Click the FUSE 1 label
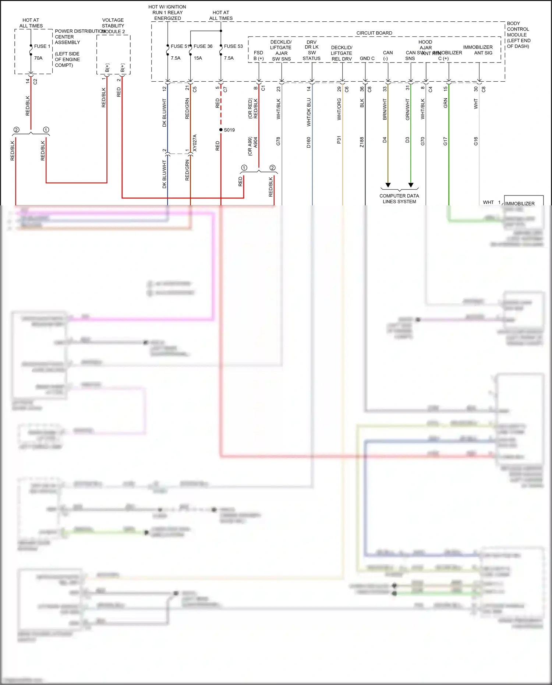click(42, 46)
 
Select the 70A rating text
click(38, 58)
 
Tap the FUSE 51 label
click(180, 46)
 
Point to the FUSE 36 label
click(203, 46)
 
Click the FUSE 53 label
click(233, 46)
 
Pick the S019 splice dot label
click(229, 130)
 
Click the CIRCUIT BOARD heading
click(374, 33)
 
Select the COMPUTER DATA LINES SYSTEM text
click(399, 199)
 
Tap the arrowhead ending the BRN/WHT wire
click(388, 185)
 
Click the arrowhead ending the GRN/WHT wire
click(411, 185)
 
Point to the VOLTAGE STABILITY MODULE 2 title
click(113, 26)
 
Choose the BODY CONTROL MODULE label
click(518, 35)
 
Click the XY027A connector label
click(195, 143)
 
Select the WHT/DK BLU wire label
click(309, 112)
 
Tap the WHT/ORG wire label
click(339, 109)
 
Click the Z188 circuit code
click(362, 142)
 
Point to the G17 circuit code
click(445, 141)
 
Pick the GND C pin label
click(367, 59)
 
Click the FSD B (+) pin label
click(259, 56)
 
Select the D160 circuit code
click(309, 142)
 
